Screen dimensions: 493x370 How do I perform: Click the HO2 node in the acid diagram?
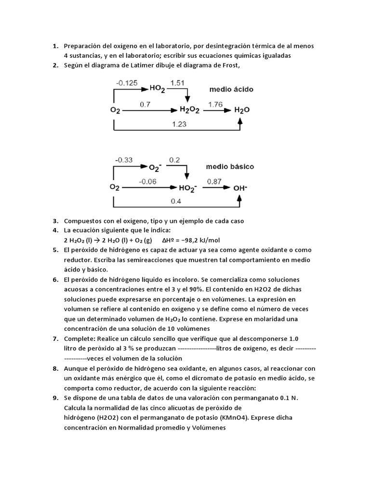[157, 89]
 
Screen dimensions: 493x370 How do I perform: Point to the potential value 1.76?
[215, 104]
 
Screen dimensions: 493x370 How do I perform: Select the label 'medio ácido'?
[231, 90]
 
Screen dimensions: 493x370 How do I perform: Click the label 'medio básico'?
[230, 167]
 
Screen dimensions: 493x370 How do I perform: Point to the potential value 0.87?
[214, 181]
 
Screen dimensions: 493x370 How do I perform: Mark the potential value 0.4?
[176, 201]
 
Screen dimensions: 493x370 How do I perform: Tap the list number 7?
[55, 338]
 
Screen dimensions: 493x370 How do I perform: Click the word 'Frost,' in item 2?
[230, 65]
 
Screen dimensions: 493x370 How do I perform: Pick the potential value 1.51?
[177, 83]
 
